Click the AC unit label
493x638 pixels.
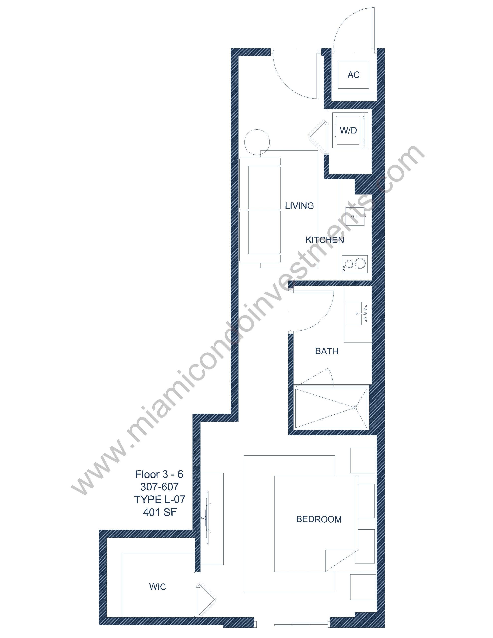click(353, 75)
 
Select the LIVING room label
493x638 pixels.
click(299, 206)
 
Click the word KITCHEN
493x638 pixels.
click(325, 240)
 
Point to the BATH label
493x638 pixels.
click(327, 351)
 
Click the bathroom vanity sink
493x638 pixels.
click(357, 314)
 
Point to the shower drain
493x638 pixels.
click(355, 408)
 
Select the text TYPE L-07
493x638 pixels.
click(160, 499)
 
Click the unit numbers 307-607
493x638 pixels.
click(160, 487)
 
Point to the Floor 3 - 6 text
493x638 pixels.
click(159, 474)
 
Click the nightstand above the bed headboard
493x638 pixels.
click(363, 460)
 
